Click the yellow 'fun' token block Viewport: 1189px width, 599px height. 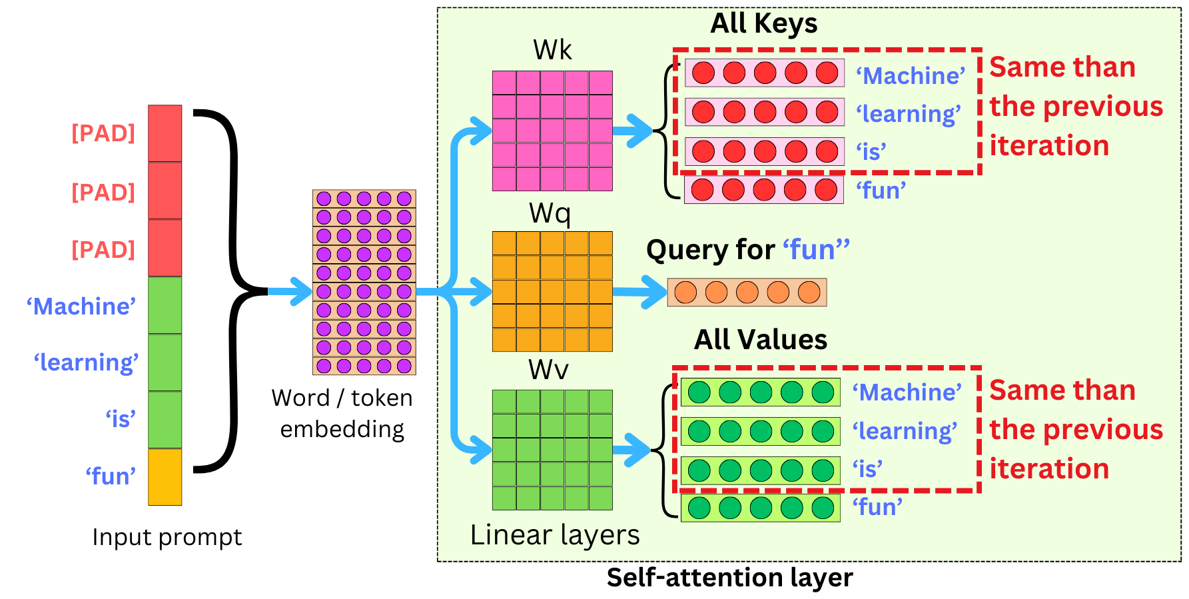[165, 477]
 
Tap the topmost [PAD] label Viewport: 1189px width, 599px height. [103, 133]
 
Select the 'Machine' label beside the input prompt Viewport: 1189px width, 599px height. [81, 306]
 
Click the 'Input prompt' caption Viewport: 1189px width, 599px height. [167, 537]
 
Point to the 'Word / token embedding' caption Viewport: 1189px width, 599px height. [342, 414]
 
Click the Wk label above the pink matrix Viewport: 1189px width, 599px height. [552, 51]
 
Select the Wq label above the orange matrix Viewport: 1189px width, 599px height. [550, 214]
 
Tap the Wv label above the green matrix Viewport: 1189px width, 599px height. [548, 370]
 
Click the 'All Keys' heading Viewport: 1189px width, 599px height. [763, 24]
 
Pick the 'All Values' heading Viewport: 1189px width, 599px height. [761, 340]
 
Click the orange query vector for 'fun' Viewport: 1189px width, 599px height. [747, 293]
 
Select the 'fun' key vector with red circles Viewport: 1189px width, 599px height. [764, 190]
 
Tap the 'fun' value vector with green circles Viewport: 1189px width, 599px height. [760, 508]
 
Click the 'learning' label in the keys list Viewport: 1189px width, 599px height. [909, 114]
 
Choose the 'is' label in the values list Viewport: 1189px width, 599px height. [867, 469]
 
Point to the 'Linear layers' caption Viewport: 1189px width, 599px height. [555, 535]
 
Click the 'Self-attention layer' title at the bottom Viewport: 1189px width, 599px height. [729, 578]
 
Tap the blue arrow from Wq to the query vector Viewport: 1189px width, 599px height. [639, 292]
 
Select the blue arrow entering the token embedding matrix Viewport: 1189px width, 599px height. [290, 291]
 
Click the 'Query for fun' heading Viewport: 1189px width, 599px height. [748, 251]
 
